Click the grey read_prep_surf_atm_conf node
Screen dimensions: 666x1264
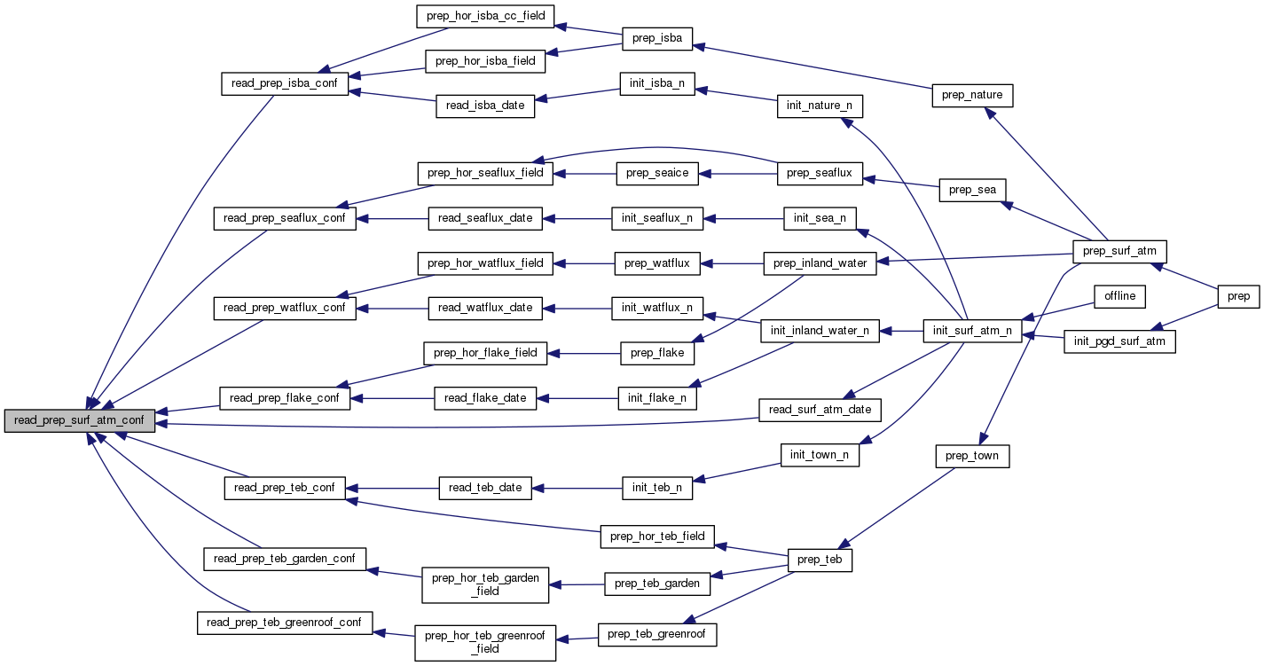point(80,421)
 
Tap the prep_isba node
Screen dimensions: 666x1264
point(657,38)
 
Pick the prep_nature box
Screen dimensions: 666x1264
point(972,95)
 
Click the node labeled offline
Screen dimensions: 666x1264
point(1119,295)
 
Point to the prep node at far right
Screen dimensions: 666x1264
point(1238,295)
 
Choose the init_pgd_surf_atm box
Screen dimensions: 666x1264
point(1119,341)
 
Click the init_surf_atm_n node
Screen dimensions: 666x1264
point(973,331)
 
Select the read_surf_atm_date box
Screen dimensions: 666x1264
point(820,409)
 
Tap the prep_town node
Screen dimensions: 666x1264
point(972,456)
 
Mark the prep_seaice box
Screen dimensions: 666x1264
point(657,174)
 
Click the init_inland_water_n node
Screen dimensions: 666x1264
point(820,331)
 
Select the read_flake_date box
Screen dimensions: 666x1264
point(485,398)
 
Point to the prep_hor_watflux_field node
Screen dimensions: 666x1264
point(485,262)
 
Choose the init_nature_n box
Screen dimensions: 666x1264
point(819,106)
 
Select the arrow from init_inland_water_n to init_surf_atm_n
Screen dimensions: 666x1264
point(901,331)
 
